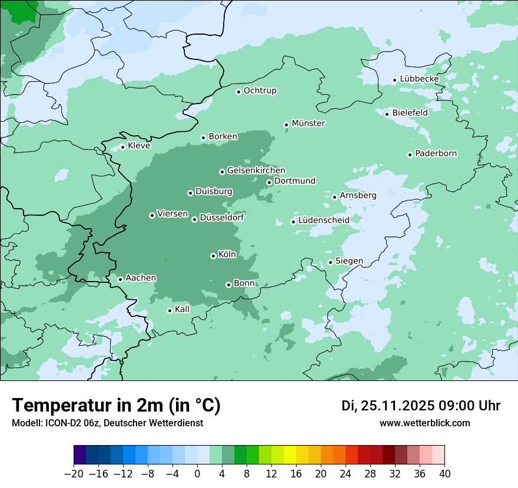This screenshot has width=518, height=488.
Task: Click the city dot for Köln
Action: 213,256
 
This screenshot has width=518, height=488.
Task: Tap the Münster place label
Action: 308,123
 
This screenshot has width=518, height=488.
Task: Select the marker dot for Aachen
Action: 120,279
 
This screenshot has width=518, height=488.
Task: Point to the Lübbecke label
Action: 419,79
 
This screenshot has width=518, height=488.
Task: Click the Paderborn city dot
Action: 410,155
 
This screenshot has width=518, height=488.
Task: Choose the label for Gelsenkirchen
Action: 256,171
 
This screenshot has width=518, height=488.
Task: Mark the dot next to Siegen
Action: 330,262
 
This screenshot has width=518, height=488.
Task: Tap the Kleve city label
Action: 139,146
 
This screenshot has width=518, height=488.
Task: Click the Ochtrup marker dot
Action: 238,92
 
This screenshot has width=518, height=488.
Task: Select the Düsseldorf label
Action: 222,218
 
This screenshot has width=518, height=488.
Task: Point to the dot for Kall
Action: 170,310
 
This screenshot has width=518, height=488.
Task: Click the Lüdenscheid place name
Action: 324,220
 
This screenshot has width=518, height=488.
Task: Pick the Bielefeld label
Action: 410,112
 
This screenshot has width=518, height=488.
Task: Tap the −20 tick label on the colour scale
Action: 74,474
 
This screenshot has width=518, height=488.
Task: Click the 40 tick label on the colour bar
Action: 444,474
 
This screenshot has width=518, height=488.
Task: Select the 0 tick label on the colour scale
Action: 197,474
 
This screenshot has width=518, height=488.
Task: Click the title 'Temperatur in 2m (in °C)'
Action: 116,406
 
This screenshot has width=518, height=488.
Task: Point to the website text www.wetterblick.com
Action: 424,423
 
